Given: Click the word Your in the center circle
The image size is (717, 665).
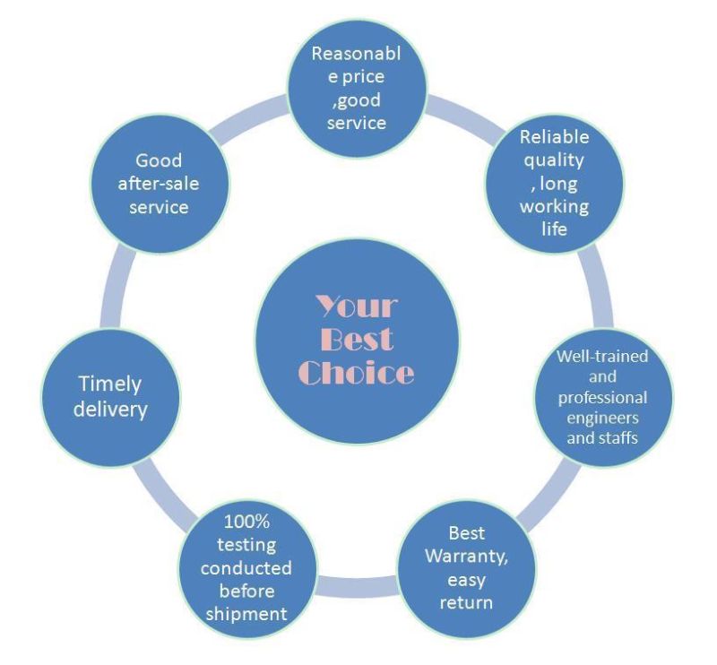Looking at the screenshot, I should (x=356, y=307).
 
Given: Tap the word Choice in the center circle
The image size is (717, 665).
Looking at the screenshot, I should (x=356, y=372).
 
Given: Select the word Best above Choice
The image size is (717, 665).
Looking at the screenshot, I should (x=356, y=339).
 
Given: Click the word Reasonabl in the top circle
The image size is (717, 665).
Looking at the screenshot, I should (x=356, y=54).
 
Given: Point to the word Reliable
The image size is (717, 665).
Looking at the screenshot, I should (x=555, y=137).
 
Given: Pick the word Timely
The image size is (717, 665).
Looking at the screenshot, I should (x=109, y=384).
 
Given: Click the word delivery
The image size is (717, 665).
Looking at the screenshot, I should (x=109, y=410).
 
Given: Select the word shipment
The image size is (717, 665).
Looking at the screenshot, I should (x=246, y=614).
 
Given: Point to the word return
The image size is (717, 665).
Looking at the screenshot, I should (x=465, y=602).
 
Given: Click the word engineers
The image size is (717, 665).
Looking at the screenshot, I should (x=602, y=419).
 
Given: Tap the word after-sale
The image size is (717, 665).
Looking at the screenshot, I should (x=159, y=184).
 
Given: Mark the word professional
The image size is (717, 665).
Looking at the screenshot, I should (x=602, y=397).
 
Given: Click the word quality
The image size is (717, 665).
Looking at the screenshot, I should (x=555, y=160).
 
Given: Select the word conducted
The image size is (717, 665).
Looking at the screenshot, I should (x=246, y=569).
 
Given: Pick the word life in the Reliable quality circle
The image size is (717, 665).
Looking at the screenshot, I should (x=555, y=229).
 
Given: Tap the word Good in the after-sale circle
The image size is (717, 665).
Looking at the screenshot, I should (x=159, y=160).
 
